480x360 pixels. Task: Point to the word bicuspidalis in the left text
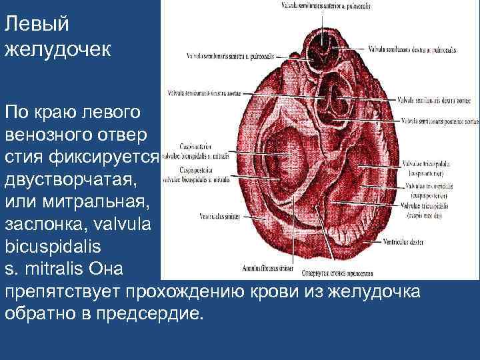click(x=53, y=246)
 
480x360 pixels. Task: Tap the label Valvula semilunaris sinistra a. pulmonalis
click(x=223, y=56)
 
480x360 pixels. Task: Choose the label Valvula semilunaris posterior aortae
click(x=441, y=121)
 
